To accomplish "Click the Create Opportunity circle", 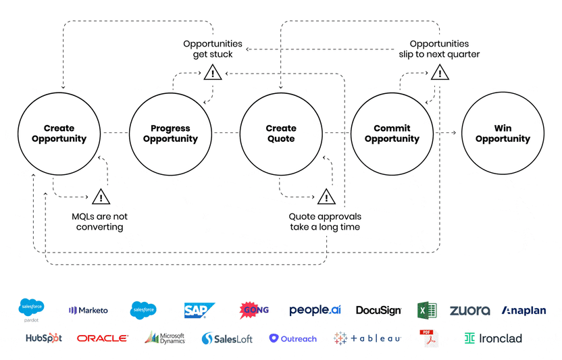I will click(59, 134).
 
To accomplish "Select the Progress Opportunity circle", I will click(170, 134).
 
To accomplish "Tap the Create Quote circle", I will click(280, 134).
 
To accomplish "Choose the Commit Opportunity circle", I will click(392, 134).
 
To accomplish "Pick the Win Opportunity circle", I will click(502, 134).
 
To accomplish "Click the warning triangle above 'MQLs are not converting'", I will click(101, 197).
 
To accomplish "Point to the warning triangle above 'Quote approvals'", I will click(326, 197).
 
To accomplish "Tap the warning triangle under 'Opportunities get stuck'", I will click(213, 72).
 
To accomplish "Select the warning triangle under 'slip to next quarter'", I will click(439, 72).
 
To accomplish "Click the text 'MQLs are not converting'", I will click(99, 222).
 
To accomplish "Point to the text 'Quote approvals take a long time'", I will click(325, 222).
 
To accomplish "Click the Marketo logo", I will click(88, 310).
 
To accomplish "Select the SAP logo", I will click(199, 310).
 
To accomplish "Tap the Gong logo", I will click(254, 310).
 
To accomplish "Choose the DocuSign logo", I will click(378, 311).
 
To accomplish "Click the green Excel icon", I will click(427, 310).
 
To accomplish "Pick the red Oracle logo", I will click(102, 338).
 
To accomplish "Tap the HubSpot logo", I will click(44, 338).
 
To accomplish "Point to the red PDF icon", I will click(426, 338).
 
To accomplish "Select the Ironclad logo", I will click(493, 338).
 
